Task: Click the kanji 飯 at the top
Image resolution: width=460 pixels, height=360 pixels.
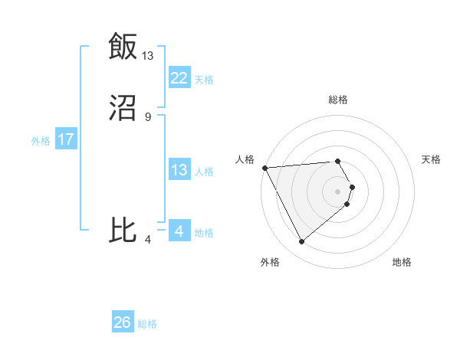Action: (x=122, y=46)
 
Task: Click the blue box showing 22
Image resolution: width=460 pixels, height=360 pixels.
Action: (x=179, y=78)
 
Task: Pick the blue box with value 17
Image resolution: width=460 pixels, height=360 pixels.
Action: (x=65, y=139)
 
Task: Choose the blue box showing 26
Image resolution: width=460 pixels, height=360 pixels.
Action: (x=122, y=322)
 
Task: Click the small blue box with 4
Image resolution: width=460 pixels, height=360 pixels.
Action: (x=179, y=231)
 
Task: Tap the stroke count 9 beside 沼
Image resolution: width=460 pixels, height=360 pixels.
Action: (x=148, y=116)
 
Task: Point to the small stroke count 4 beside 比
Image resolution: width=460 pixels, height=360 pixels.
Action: (x=148, y=240)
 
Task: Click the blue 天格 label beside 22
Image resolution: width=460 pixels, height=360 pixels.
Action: (x=204, y=79)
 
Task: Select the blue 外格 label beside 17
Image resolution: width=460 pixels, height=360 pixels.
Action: (x=41, y=140)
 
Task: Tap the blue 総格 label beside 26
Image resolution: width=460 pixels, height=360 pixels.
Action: (x=147, y=324)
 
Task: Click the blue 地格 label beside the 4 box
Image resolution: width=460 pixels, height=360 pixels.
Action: (x=204, y=233)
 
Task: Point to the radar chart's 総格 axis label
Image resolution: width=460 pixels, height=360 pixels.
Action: (x=338, y=100)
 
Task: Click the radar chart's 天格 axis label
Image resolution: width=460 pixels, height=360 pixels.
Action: (x=431, y=159)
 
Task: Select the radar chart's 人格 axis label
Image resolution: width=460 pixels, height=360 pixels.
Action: (x=245, y=159)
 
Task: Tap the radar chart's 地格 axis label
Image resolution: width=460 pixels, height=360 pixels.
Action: (x=402, y=262)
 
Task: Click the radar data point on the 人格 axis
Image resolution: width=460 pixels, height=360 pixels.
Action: (x=264, y=167)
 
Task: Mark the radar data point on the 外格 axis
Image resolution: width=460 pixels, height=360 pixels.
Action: (x=301, y=242)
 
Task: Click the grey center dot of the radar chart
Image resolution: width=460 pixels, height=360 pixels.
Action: (x=338, y=191)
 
